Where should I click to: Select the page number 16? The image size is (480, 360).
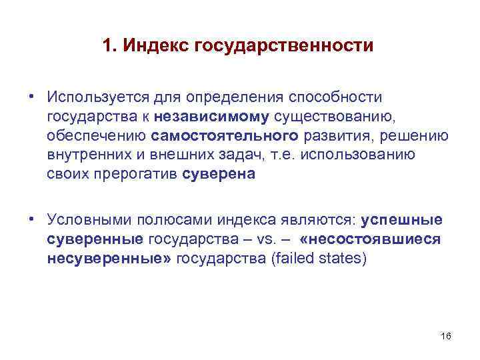(446, 335)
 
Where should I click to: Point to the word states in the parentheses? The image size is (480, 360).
(345, 259)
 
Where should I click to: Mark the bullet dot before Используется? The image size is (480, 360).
(31, 96)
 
